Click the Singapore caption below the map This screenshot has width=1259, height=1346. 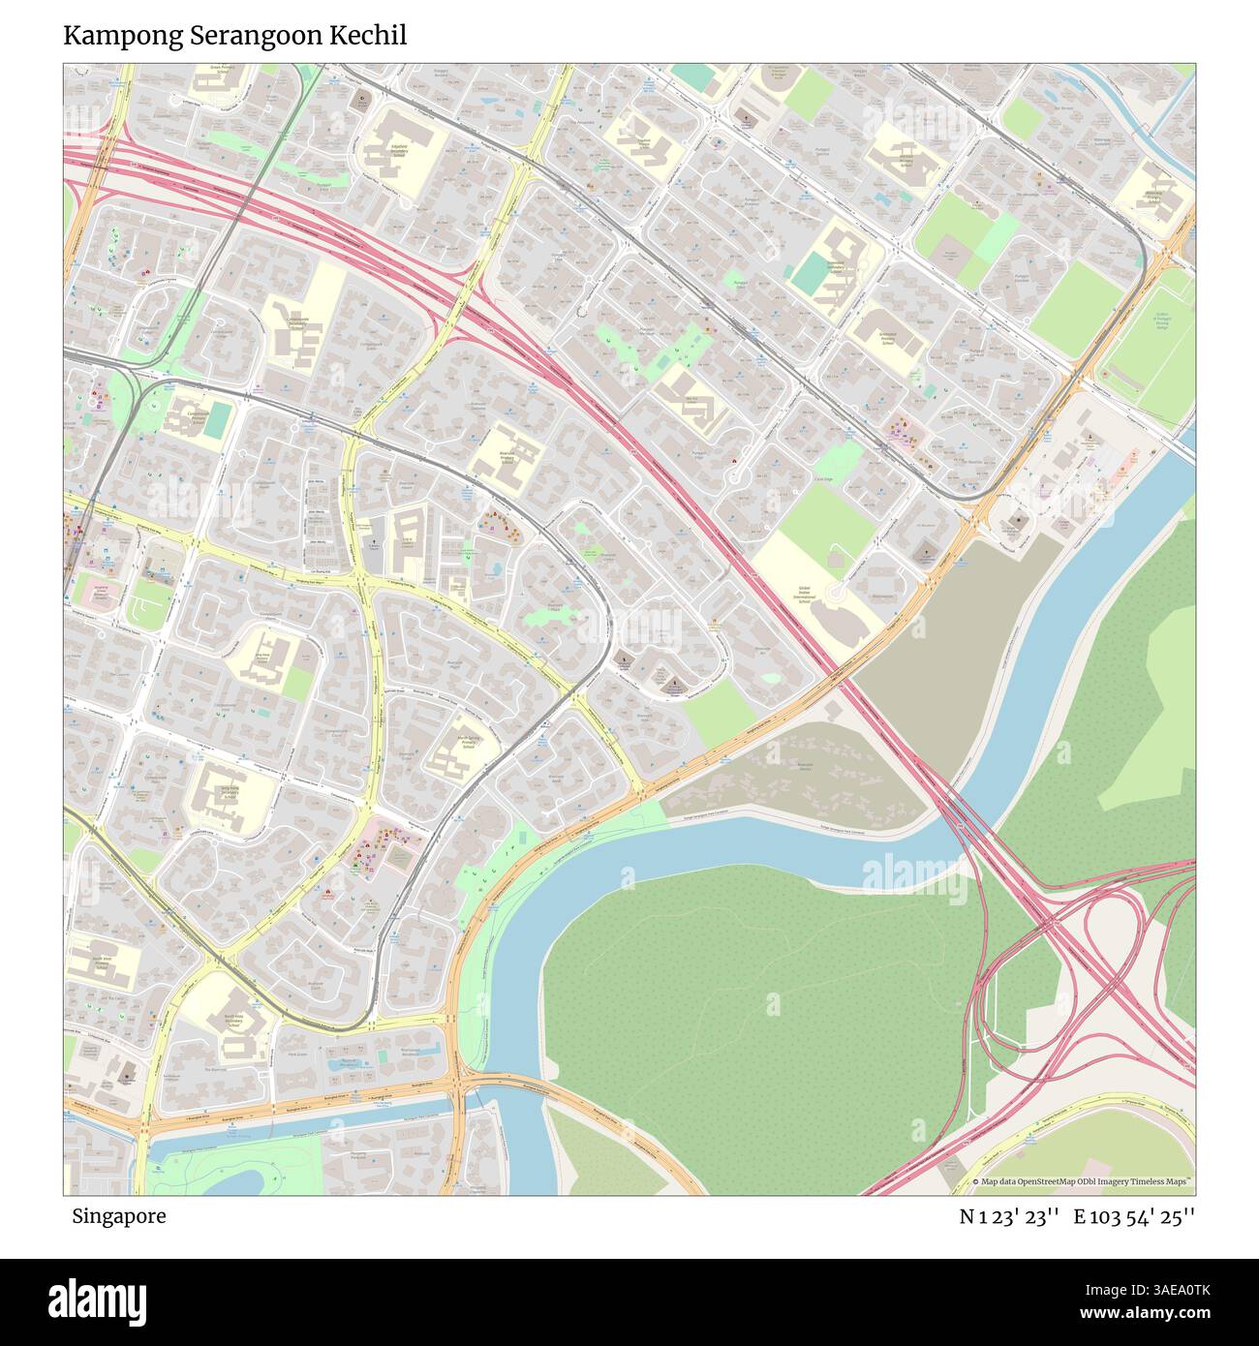(x=117, y=1216)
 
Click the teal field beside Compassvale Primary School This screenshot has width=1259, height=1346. (x=220, y=419)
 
